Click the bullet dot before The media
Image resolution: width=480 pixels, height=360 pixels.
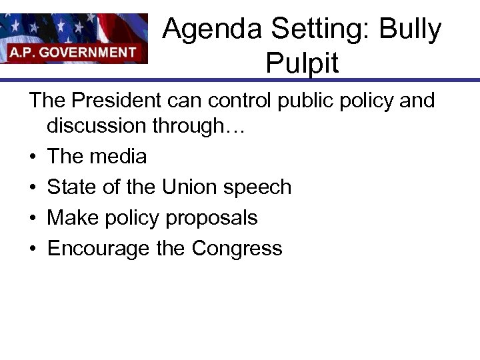[x=33, y=157]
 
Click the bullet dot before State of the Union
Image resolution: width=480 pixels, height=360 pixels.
[x=33, y=188]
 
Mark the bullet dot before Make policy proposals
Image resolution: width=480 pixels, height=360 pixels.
[x=33, y=219]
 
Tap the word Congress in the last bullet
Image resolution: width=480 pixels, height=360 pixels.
[x=237, y=249]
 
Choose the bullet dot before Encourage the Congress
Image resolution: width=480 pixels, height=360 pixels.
[x=33, y=249]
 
